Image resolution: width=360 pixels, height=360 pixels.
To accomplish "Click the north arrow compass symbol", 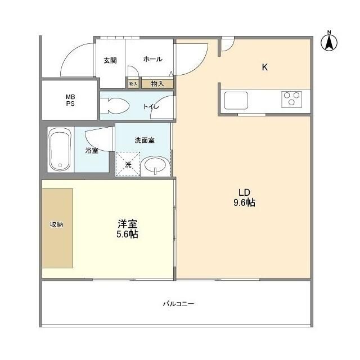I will [x=329, y=42].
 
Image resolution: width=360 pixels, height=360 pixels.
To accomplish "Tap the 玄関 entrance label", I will [x=110, y=60].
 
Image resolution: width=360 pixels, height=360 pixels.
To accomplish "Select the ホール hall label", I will [x=152, y=59].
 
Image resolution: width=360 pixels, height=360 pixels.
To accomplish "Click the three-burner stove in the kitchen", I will [x=291, y=100].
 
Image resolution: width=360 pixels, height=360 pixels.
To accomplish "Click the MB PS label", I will [x=70, y=100].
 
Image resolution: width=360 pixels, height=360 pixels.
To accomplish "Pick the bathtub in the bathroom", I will [x=60, y=150].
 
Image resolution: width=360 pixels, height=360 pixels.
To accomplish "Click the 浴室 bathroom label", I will [x=92, y=150].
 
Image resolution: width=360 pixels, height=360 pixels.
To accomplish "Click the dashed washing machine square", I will [x=127, y=164].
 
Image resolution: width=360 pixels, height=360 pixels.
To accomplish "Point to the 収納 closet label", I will [x=56, y=224].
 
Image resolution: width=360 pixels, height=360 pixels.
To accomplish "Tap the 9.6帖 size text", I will [x=244, y=202].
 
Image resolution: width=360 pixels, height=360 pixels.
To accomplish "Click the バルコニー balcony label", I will [x=178, y=304].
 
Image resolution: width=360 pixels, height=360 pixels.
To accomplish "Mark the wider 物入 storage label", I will [x=157, y=84].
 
